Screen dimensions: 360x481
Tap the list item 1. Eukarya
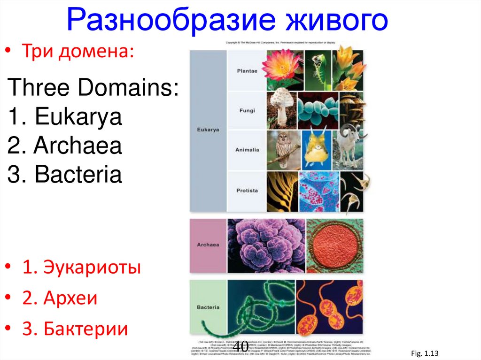tap(65, 117)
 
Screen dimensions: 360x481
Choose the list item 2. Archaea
tap(65, 146)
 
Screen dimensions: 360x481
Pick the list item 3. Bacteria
tap(65, 175)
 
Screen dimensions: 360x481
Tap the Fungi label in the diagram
tap(247, 111)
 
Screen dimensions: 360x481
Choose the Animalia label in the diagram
tap(247, 150)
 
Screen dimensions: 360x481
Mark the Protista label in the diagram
tap(247, 191)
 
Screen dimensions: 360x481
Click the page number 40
tap(240, 346)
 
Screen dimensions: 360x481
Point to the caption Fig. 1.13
tap(422, 352)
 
